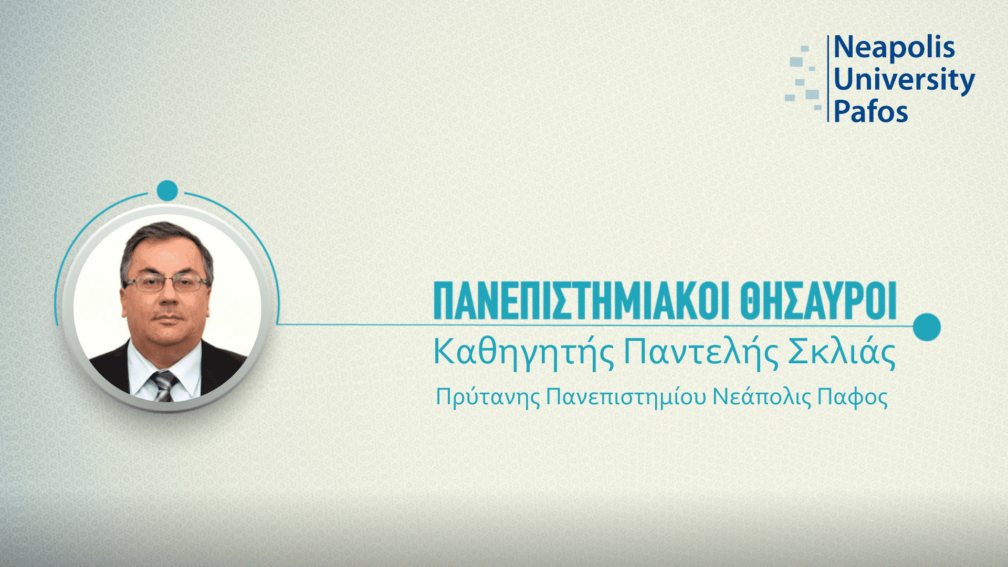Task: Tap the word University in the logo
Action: pos(904,80)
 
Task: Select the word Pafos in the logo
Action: pos(870,111)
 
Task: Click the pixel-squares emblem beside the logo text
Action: pos(804,79)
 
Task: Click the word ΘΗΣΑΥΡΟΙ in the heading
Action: pos(818,301)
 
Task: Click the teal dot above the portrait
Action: pos(167,191)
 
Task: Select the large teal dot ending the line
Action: pos(927,327)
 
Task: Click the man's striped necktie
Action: pos(165,386)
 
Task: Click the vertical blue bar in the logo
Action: pos(828,79)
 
